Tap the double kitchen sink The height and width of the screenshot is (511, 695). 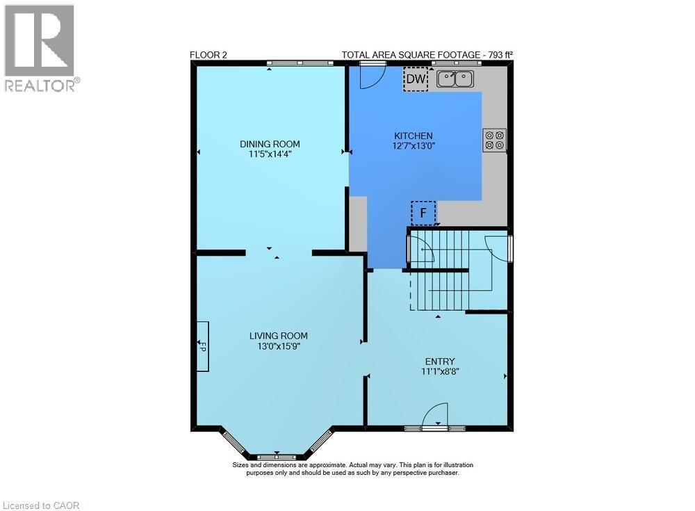[x=455, y=79]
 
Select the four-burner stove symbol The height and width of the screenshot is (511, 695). [x=495, y=140]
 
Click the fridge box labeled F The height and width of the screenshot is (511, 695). [x=423, y=213]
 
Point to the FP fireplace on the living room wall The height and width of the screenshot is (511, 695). [x=202, y=346]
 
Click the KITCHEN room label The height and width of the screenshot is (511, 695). [x=414, y=136]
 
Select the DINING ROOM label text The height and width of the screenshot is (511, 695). [x=270, y=144]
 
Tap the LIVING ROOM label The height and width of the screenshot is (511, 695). [x=278, y=335]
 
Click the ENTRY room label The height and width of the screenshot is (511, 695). [x=440, y=361]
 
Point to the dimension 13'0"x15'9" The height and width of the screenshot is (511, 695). [x=278, y=346]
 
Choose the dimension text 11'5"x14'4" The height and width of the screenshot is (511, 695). [x=270, y=154]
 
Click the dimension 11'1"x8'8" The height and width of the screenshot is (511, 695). [x=440, y=371]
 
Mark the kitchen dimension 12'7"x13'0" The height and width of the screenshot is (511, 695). [x=414, y=146]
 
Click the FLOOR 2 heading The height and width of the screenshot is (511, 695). [x=208, y=55]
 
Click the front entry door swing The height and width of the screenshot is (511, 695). [x=436, y=415]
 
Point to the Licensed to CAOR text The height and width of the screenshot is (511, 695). [x=41, y=505]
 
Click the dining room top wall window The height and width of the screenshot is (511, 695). [x=299, y=63]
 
